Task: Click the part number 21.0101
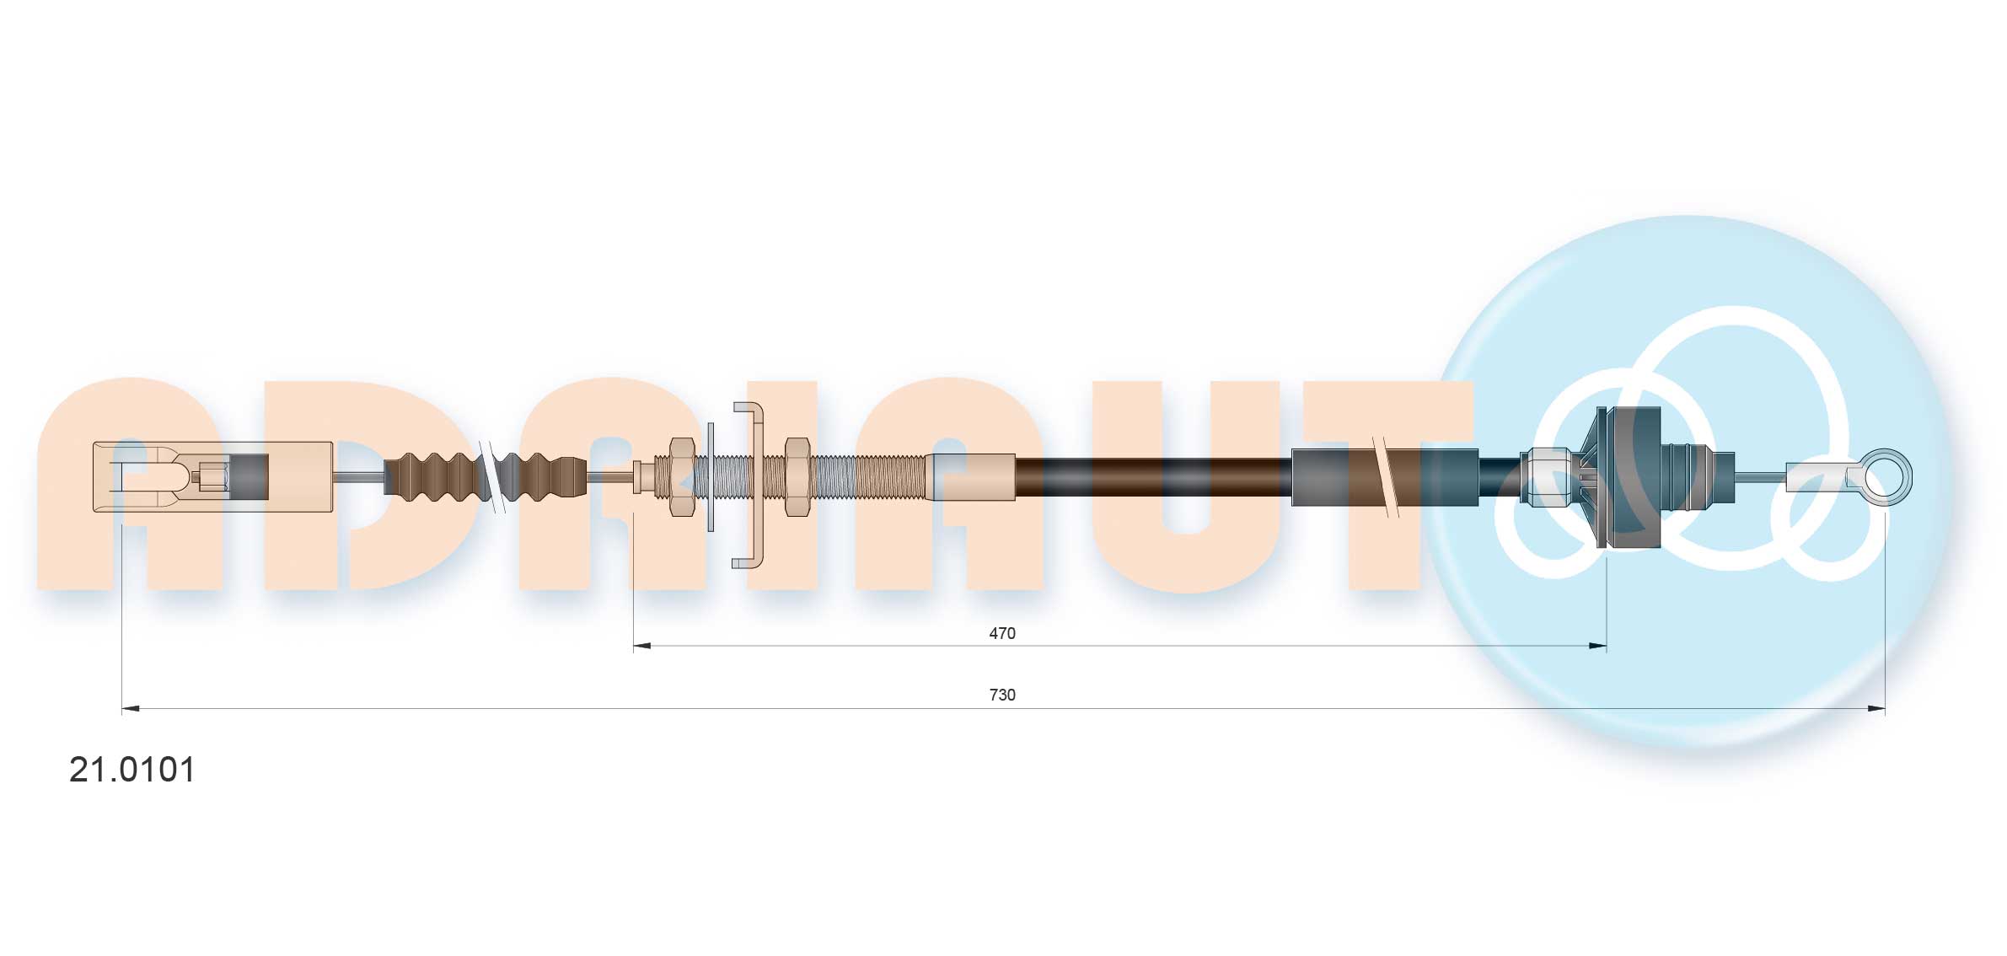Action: (132, 770)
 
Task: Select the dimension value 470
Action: (1001, 633)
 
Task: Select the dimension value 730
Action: (1001, 695)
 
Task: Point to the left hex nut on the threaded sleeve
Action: (681, 477)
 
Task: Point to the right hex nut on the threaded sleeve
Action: (797, 477)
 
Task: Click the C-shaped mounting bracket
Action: (755, 485)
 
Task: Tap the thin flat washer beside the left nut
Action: (711, 477)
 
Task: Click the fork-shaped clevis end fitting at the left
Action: (143, 477)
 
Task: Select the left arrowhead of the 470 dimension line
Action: (641, 647)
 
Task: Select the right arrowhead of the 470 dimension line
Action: (1597, 647)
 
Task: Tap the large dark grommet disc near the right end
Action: (1629, 477)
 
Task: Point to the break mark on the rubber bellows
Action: (491, 477)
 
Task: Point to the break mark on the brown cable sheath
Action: (1385, 477)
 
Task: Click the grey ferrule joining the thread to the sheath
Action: (971, 477)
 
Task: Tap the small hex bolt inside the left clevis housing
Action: (215, 477)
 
